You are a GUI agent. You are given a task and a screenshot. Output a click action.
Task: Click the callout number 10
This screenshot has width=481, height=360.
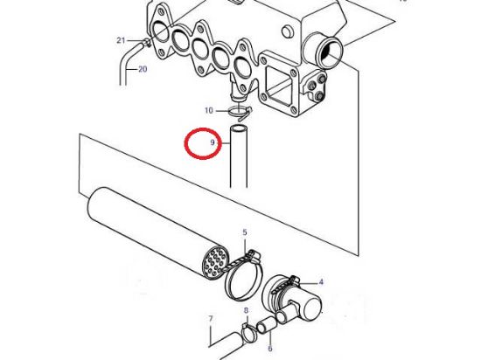(208, 110)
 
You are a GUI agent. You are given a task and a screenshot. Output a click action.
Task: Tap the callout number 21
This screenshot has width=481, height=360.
(122, 40)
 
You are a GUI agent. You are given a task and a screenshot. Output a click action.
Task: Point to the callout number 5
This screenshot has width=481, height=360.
(245, 232)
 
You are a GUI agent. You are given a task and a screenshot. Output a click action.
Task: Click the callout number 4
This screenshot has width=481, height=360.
(321, 281)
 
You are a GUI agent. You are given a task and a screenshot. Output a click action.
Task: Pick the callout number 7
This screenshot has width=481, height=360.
(210, 317)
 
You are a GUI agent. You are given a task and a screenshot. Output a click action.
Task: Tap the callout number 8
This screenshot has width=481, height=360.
(246, 310)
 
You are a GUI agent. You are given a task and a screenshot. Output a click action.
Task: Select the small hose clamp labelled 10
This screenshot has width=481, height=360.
(236, 111)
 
